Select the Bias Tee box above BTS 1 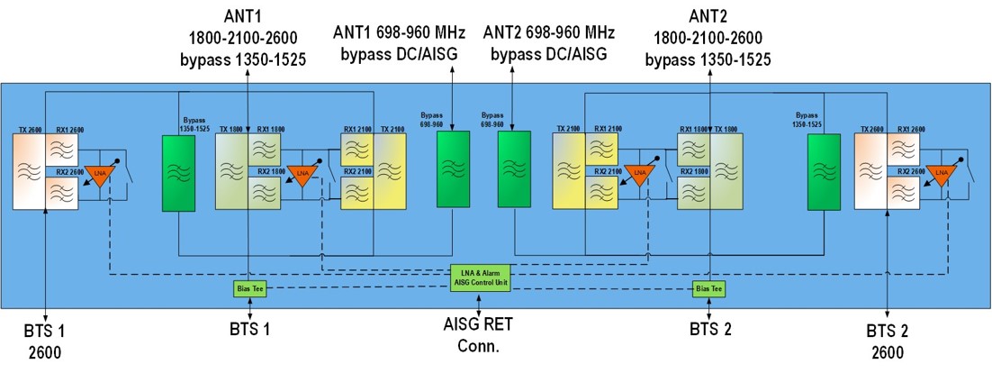coord(248,288)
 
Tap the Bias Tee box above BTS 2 coord(708,288)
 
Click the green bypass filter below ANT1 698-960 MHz coord(453,171)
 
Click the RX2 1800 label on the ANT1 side coord(271,170)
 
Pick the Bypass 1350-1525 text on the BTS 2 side coord(813,121)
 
